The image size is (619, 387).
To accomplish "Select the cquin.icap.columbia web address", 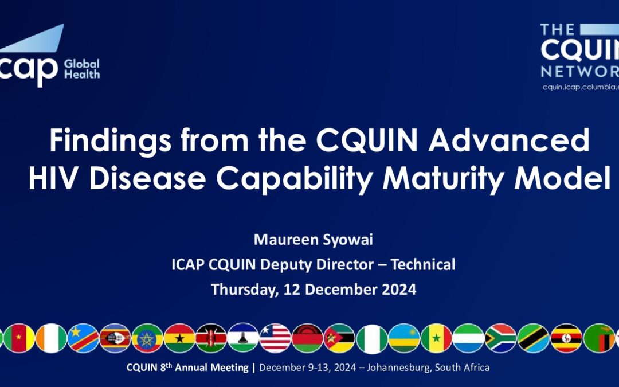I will click(x=580, y=87).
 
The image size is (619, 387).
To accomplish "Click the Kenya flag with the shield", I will click(x=211, y=338).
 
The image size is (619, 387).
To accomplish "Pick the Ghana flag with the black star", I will click(x=179, y=338).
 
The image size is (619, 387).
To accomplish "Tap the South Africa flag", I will click(x=500, y=338).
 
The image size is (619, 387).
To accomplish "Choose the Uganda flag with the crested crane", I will click(x=566, y=338).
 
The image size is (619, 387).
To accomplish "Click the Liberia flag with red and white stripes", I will click(x=275, y=338).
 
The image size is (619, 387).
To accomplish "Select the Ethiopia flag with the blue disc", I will click(x=147, y=338).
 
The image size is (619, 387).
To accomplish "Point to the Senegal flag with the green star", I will click(x=436, y=338).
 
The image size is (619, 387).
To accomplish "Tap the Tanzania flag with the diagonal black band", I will click(x=533, y=338).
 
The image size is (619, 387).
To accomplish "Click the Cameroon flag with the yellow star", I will click(x=19, y=338).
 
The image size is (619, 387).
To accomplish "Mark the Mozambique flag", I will click(x=339, y=338).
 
